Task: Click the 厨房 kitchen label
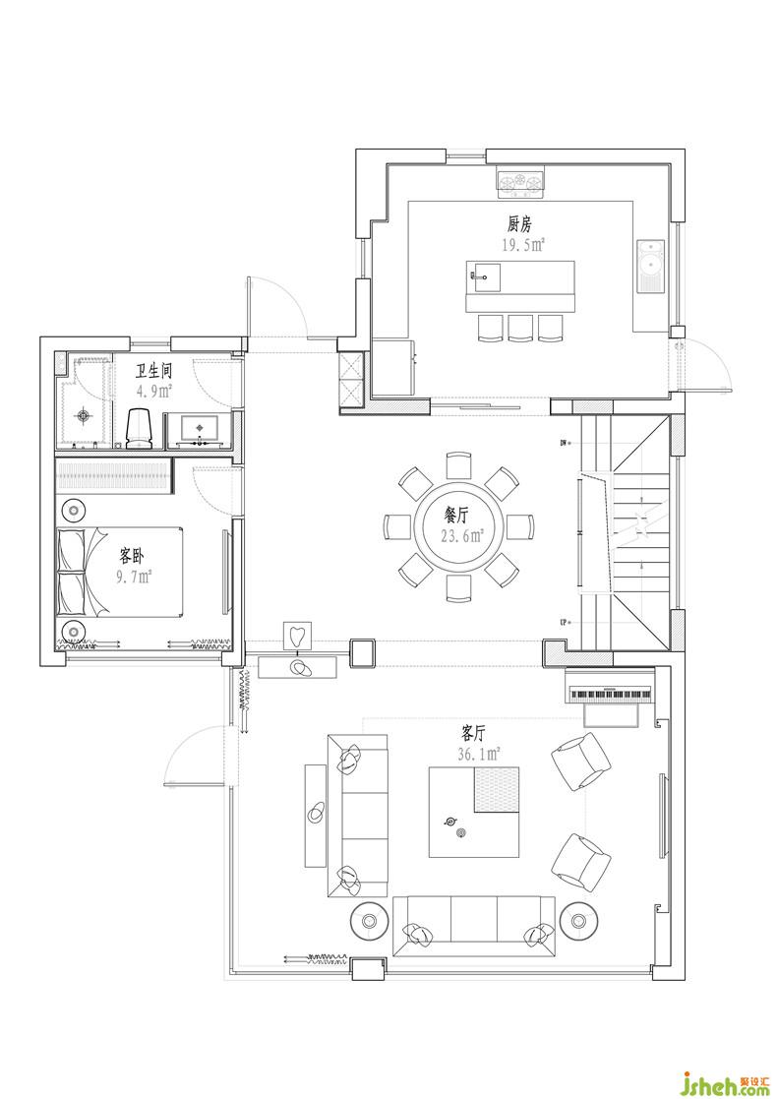(520, 224)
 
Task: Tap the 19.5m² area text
(523, 245)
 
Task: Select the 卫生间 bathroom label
(153, 371)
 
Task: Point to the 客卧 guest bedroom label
(132, 558)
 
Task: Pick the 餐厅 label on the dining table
(455, 516)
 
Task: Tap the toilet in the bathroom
(140, 428)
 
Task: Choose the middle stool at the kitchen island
(520, 328)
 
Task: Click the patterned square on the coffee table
(497, 789)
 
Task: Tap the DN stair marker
(565, 443)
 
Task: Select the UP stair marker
(565, 622)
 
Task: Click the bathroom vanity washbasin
(200, 429)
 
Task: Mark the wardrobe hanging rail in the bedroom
(114, 475)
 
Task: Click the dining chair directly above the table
(459, 465)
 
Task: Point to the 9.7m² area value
(134, 577)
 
